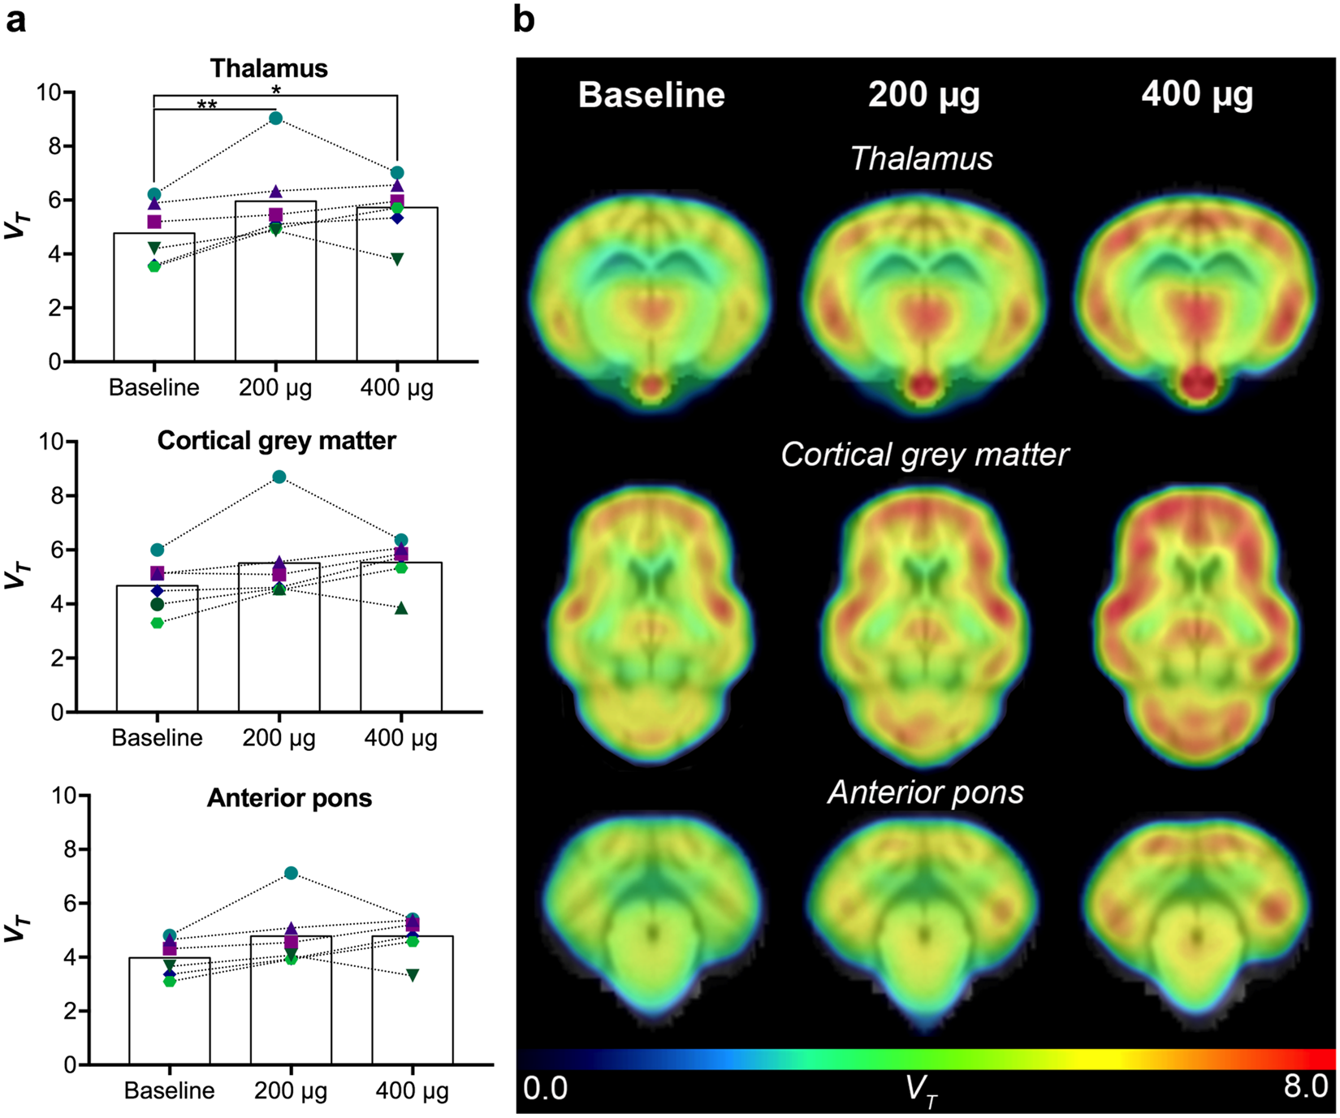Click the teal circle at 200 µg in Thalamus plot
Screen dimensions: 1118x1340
[275, 119]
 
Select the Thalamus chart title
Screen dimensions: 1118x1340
[269, 68]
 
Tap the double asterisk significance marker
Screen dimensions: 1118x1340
[207, 106]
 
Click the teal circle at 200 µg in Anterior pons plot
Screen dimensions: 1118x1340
[291, 874]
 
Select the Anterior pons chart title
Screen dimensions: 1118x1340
[289, 798]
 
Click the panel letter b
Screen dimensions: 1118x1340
[524, 19]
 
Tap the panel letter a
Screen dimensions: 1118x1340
[15, 19]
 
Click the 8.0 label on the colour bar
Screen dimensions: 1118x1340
[1305, 1086]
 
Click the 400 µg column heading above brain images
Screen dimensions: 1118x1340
[1196, 95]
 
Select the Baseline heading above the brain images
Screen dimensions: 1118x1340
[651, 95]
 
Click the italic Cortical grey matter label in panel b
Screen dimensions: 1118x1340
[924, 455]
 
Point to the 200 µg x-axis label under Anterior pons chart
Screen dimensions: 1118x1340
[291, 1090]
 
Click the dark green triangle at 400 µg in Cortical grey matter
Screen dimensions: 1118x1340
[400, 609]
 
